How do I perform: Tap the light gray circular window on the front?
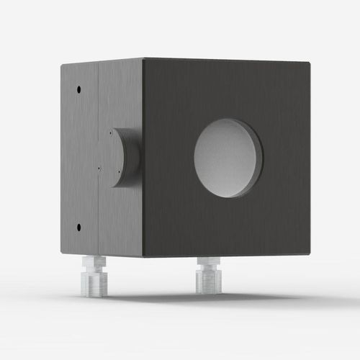click(227, 158)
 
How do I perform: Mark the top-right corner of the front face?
click(310, 63)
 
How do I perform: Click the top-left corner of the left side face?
click(62, 65)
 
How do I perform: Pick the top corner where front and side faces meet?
click(143, 59)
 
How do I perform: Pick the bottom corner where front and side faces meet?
click(143, 257)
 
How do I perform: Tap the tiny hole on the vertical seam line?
click(98, 170)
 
